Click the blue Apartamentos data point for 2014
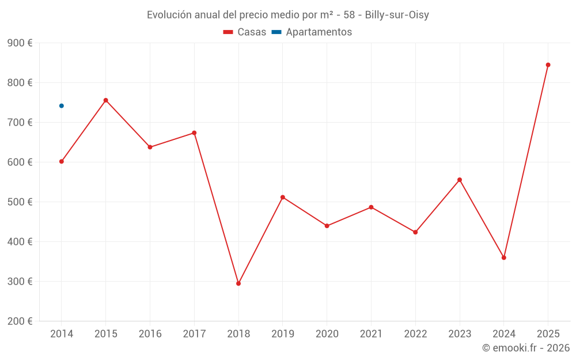[62, 106]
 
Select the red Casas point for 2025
[548, 65]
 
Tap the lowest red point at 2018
[238, 283]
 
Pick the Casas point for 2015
[106, 100]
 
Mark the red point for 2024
[503, 257]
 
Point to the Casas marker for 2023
[460, 180]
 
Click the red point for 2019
[283, 197]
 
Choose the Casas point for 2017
[194, 133]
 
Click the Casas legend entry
[245, 32]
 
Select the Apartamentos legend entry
[312, 32]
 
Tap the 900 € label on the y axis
[20, 43]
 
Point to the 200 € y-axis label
[20, 321]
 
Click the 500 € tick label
[20, 202]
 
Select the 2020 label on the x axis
[327, 334]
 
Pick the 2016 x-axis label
[150, 334]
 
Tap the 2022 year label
[415, 334]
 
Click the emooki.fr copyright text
[525, 348]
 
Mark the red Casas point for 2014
[62, 161]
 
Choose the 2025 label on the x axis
[548, 334]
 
